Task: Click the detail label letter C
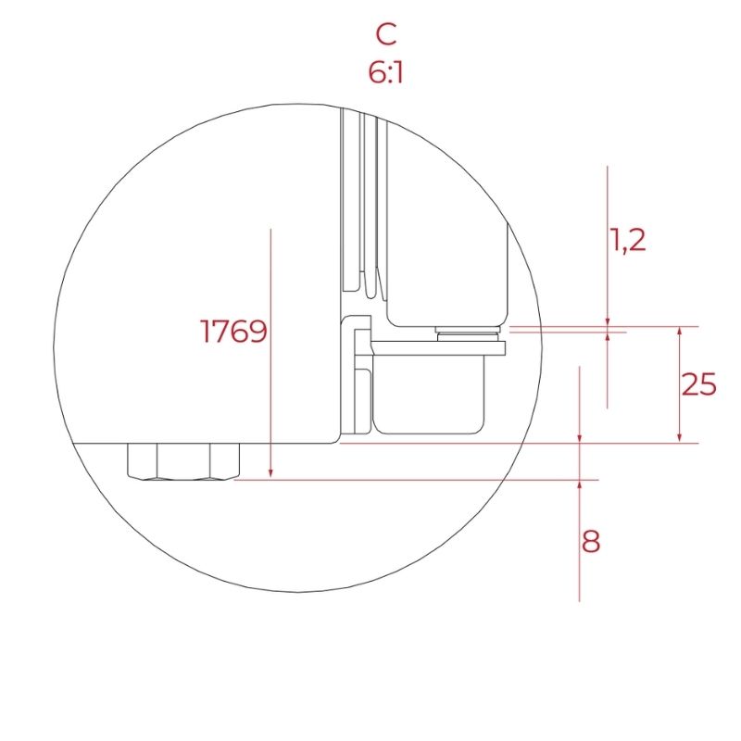[x=386, y=34]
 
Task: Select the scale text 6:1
[x=385, y=72]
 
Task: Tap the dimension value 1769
[x=233, y=332]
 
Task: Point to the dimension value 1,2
[x=640, y=241]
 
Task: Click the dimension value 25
[x=699, y=384]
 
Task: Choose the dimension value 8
[x=591, y=541]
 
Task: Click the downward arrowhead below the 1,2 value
[x=607, y=320]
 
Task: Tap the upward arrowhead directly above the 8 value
[x=579, y=486]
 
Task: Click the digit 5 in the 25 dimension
[x=708, y=384]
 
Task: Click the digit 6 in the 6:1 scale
[x=376, y=72]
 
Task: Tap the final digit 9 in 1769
[x=257, y=332]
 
